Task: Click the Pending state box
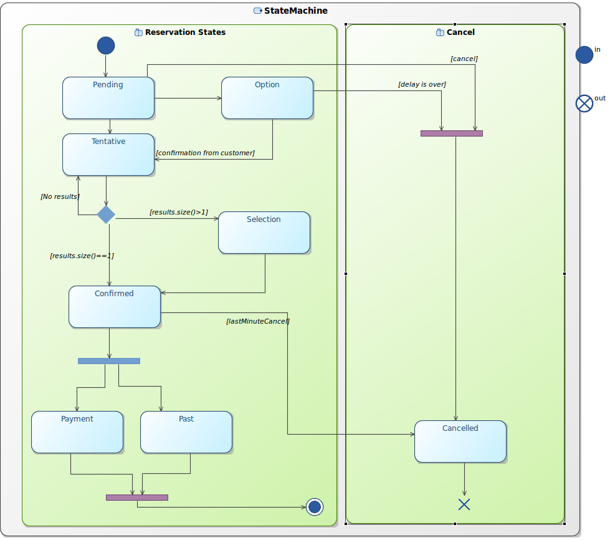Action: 108,98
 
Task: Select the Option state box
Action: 267,98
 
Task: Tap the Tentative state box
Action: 108,155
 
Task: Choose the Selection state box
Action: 264,233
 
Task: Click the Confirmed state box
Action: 115,307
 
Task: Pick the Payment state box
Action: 77,432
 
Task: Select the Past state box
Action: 186,432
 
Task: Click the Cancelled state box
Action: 460,441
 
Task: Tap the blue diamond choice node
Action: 106,215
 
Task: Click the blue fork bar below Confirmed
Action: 109,361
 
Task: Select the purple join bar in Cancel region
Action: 452,133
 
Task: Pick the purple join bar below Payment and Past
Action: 137,498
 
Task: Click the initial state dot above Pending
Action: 106,46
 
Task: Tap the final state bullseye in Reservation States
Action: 315,507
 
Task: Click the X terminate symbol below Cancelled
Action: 464,504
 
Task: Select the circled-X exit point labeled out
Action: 584,104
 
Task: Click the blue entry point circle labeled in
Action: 584,54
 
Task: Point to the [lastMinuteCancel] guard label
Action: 258,321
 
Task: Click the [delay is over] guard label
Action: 422,84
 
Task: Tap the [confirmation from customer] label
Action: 206,153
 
